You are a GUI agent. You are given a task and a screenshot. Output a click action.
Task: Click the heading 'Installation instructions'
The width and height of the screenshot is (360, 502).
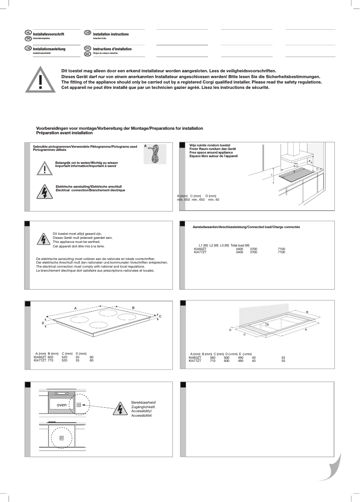click(111, 34)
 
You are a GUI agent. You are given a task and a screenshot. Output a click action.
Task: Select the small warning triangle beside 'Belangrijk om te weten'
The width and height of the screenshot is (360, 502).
click(44, 168)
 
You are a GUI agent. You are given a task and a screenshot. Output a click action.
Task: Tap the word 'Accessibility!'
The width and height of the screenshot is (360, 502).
click(141, 411)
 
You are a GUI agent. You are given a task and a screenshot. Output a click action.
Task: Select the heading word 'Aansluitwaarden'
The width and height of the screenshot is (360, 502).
click(204, 227)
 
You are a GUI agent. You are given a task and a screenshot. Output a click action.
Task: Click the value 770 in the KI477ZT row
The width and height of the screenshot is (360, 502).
click(50, 360)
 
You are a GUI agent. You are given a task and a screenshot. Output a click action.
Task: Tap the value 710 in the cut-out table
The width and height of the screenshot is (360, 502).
click(213, 361)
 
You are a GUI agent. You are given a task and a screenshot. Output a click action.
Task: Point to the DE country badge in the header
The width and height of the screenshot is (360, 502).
click(28, 48)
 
